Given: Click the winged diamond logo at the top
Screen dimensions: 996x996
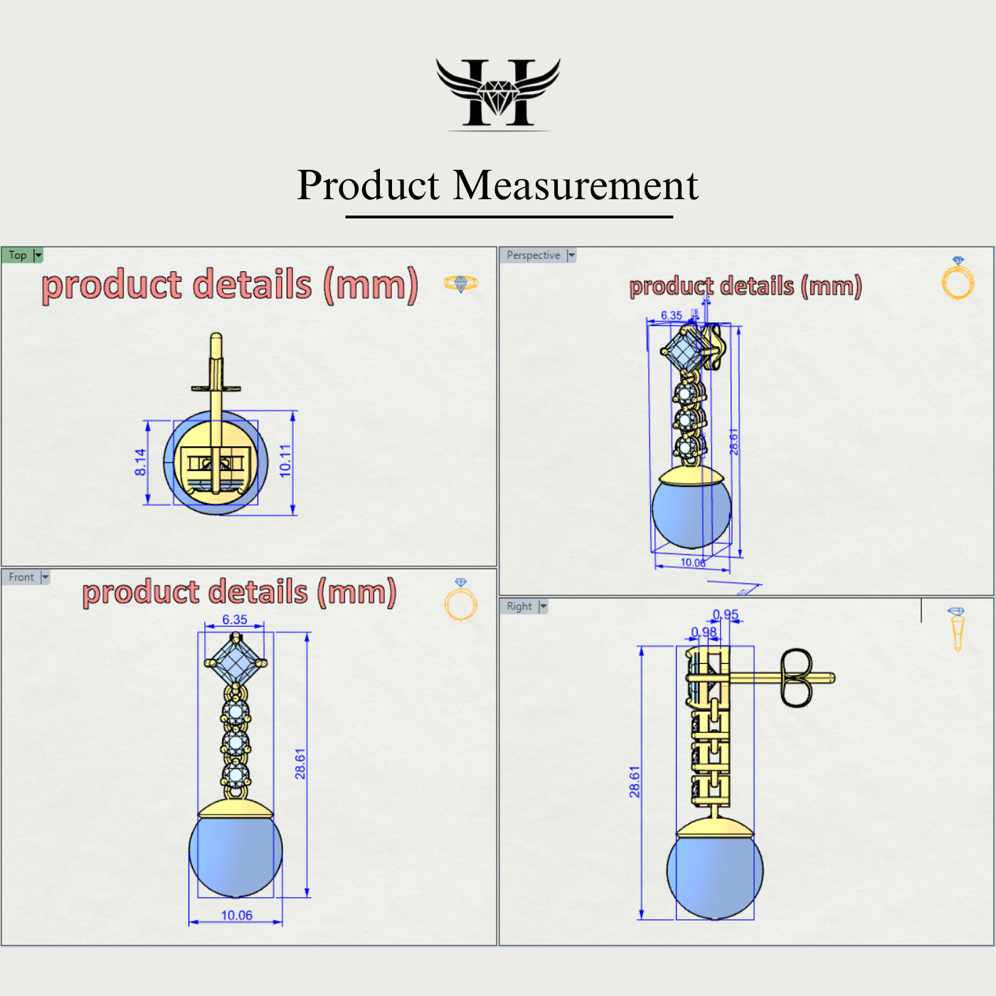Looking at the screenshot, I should pos(498,92).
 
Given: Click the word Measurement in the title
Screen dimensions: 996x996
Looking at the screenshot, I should pos(576,186).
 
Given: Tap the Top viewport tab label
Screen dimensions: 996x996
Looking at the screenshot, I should pos(18,255).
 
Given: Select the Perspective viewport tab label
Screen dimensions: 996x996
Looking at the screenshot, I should pos(533,255).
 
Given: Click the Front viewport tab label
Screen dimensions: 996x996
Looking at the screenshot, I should pos(21,577).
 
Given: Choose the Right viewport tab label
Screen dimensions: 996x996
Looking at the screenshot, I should pos(519,606).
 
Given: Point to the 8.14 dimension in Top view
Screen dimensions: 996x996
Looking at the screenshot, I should pos(140,462).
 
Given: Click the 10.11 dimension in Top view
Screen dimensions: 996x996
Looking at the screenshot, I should pos(285,460).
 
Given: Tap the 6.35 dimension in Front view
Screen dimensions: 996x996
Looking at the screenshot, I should pos(235,620).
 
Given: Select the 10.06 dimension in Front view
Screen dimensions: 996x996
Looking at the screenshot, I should pos(236,915).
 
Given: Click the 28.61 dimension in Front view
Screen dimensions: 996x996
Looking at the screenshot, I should pos(300,763).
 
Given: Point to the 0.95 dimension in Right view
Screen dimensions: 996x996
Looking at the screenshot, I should pos(726,615).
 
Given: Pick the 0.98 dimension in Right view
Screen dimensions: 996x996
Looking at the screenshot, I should pos(704,632).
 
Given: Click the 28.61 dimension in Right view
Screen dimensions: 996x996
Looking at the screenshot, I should pos(635,781).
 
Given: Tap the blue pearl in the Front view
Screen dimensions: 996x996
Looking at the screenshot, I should pos(235,854).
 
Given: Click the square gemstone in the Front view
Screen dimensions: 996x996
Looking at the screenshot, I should pos(235,662).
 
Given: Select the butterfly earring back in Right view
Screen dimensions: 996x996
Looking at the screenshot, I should pos(796,677).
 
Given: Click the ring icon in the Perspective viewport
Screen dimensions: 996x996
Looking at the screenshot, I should pos(958,278).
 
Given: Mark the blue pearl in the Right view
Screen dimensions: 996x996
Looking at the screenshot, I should pos(715,874).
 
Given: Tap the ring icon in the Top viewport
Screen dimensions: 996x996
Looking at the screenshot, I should pos(460,284).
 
